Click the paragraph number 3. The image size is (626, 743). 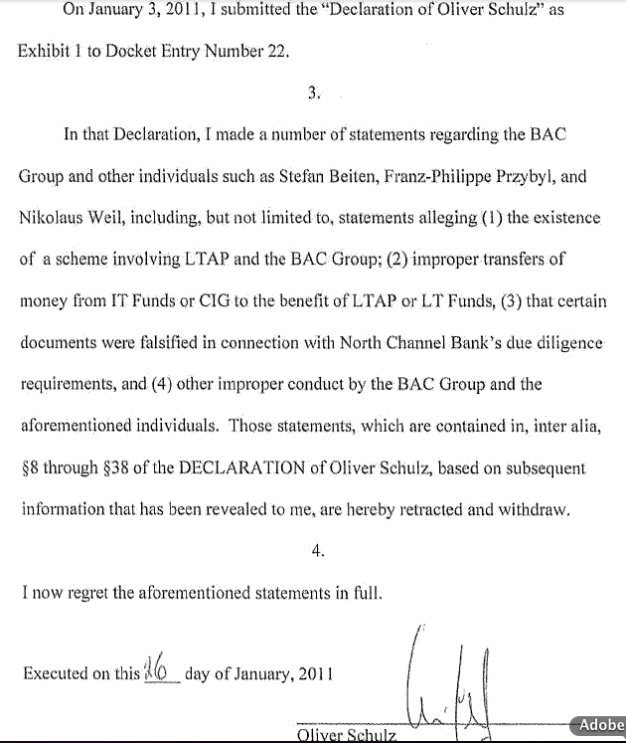click(x=314, y=93)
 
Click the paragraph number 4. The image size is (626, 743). click(x=318, y=552)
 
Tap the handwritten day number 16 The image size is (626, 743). click(x=157, y=667)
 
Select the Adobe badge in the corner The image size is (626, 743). click(x=600, y=725)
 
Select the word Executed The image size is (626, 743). click(x=55, y=673)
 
